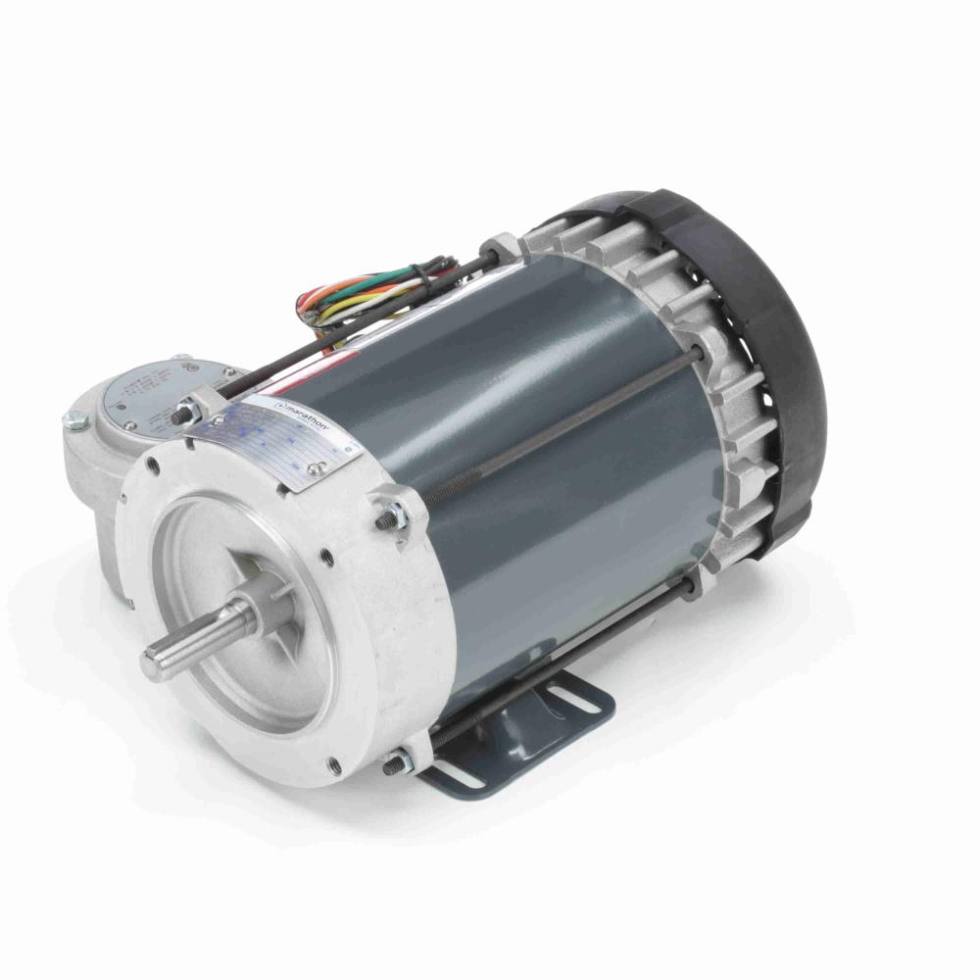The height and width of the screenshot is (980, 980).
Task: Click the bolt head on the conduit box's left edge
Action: point(72,421)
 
